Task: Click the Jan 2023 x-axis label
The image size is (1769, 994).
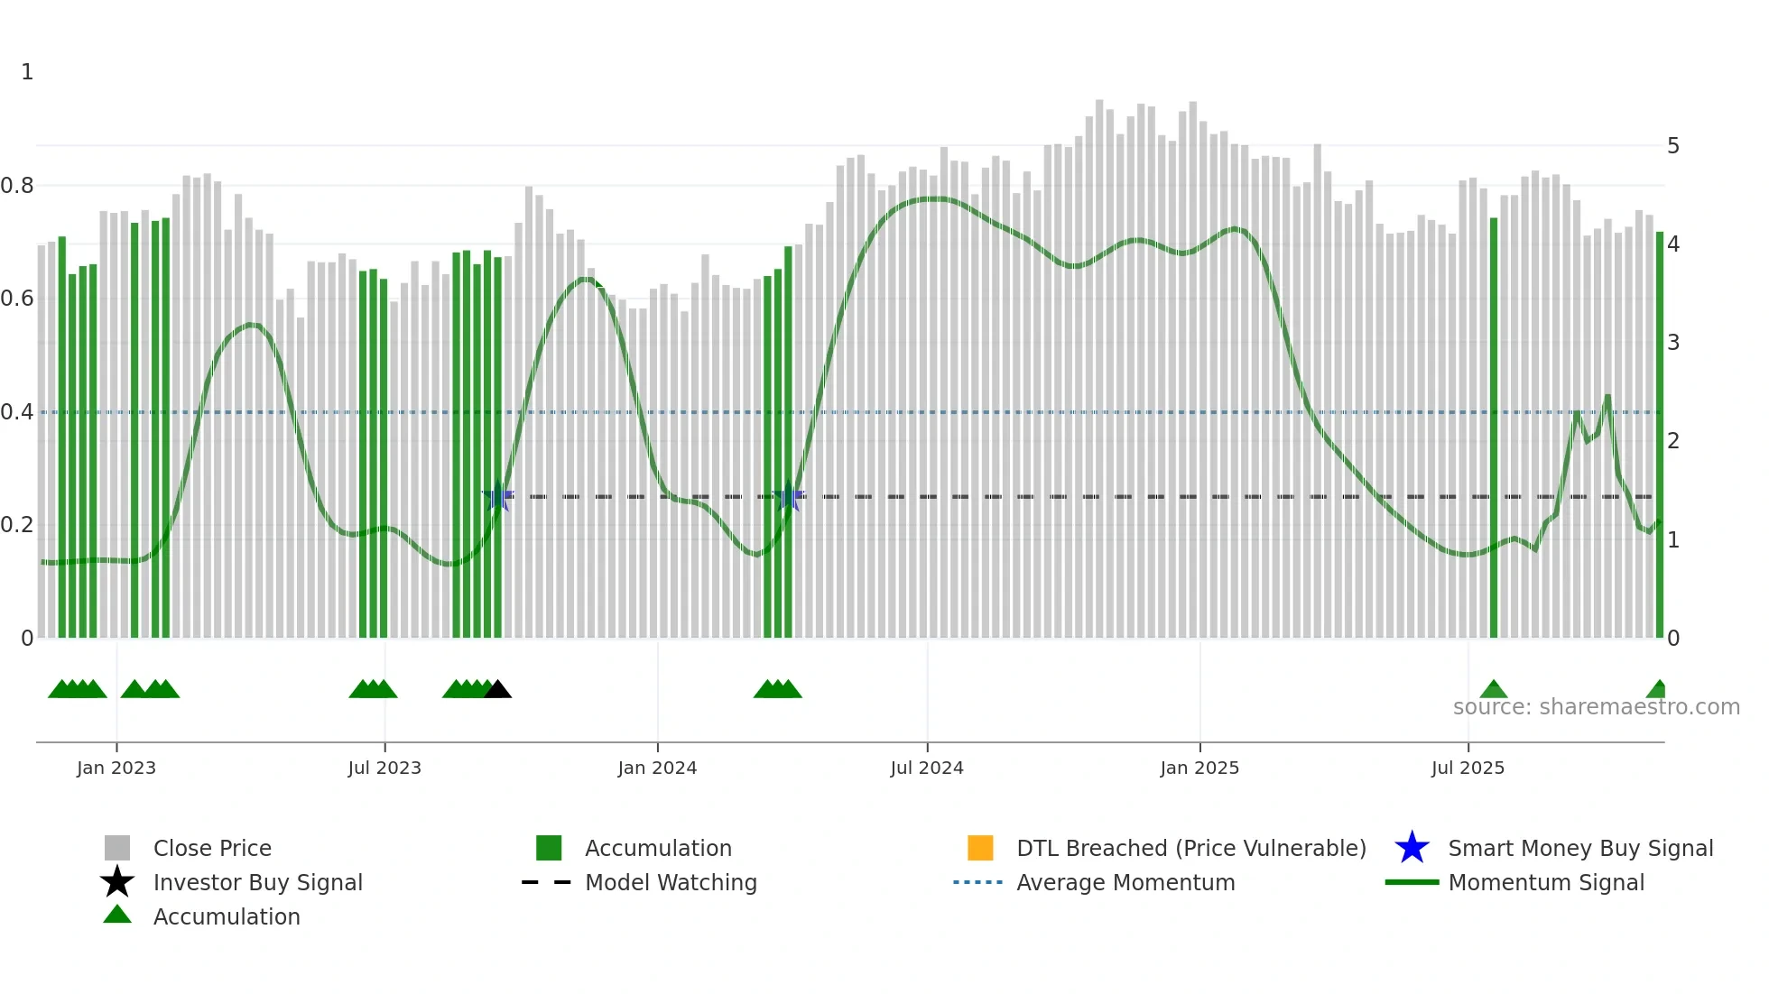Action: [x=116, y=768]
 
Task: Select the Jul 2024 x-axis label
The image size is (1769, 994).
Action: [x=927, y=768]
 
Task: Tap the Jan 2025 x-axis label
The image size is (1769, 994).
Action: [x=1199, y=768]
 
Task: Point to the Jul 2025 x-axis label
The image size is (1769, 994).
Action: [x=1468, y=768]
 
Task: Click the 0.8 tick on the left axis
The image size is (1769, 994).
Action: [x=17, y=186]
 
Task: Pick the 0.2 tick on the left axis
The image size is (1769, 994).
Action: [x=17, y=525]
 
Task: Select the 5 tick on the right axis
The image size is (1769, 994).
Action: [x=1673, y=146]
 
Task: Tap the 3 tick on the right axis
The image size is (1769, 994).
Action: [x=1673, y=343]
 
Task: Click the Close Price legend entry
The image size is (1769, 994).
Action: [x=212, y=848]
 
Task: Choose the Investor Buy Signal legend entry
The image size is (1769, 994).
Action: [x=257, y=882]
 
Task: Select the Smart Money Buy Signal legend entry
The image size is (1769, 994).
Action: [x=1580, y=848]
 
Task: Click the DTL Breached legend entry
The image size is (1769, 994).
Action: [x=1190, y=848]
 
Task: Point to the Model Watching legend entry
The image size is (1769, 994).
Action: [x=671, y=882]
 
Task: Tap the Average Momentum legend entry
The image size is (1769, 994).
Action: [x=1125, y=882]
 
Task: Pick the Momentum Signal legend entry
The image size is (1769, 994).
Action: [x=1546, y=882]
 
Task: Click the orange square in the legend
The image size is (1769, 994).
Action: [x=980, y=848]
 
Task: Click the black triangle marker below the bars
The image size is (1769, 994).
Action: [x=497, y=690]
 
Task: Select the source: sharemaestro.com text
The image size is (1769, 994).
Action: [x=1596, y=707]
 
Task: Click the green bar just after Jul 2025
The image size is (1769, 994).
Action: [x=1494, y=428]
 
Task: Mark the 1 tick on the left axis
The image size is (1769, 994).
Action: [x=27, y=72]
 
